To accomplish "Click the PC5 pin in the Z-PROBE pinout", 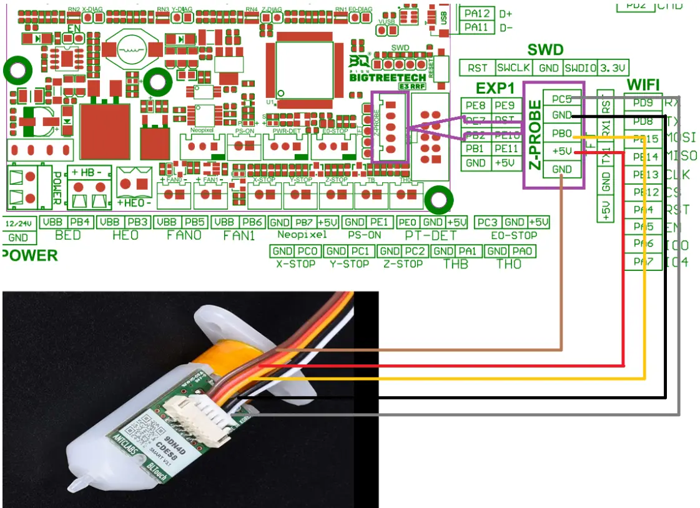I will pyautogui.click(x=561, y=99).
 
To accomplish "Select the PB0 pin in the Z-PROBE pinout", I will pyautogui.click(x=561, y=134).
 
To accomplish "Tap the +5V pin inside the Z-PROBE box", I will pyautogui.click(x=561, y=151).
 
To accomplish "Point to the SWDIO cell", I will pyautogui.click(x=579, y=67).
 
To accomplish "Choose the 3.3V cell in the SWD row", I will pyautogui.click(x=613, y=67).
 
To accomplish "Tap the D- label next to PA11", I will pyautogui.click(x=506, y=27).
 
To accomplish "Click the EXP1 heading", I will pyautogui.click(x=495, y=88).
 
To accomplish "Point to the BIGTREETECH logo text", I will pyautogui.click(x=387, y=78).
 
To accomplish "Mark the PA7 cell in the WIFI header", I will pyautogui.click(x=643, y=262).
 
